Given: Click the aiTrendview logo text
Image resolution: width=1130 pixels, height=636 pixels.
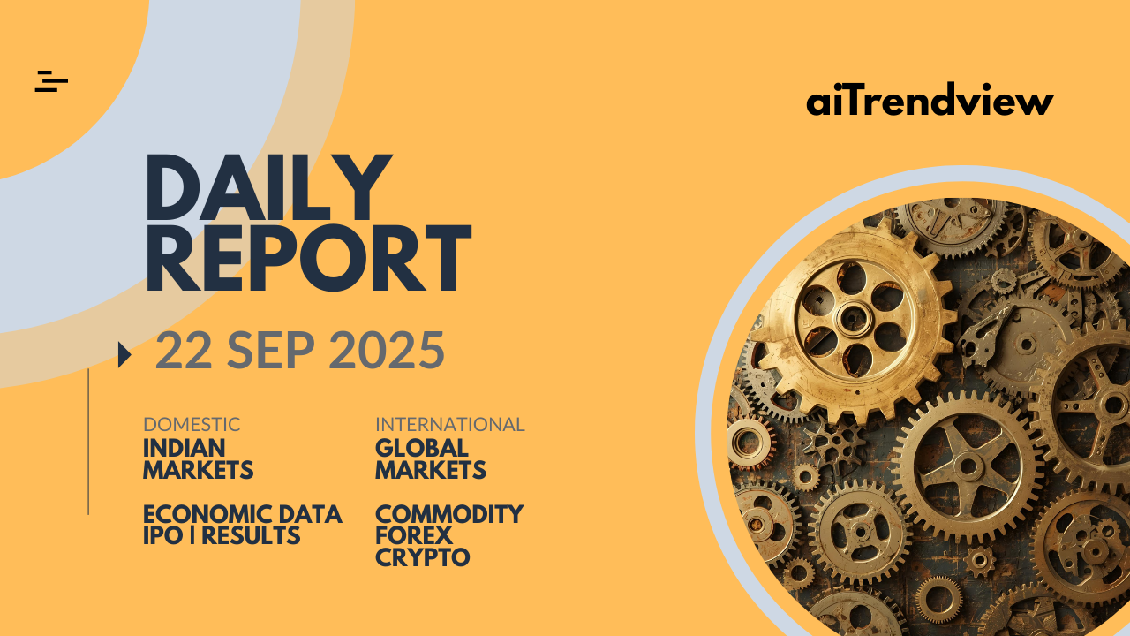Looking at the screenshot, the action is (x=930, y=99).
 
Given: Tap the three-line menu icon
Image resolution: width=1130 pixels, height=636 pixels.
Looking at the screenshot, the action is (x=51, y=81).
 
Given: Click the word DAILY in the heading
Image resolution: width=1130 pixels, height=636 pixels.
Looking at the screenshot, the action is (x=269, y=187).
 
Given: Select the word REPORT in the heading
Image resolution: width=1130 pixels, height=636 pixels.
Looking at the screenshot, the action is (x=309, y=258).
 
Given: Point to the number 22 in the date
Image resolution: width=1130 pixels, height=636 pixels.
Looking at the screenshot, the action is (x=184, y=350).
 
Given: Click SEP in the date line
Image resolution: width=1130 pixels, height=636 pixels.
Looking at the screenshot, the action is (x=271, y=350).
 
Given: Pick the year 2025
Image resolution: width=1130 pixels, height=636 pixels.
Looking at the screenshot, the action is (x=387, y=350).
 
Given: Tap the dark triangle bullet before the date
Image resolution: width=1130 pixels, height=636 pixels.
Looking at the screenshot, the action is (x=124, y=355).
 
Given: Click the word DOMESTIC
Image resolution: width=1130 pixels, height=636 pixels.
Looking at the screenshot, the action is (x=192, y=425).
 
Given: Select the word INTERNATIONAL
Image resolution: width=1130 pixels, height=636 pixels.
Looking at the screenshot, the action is (x=450, y=425).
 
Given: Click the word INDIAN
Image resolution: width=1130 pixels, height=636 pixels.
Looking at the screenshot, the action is (x=185, y=448).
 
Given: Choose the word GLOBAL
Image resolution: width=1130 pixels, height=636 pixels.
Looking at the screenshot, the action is (x=422, y=448).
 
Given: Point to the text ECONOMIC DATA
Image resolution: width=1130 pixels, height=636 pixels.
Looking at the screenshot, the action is (x=243, y=514).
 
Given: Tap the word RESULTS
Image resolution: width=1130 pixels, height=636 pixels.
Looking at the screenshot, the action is (x=251, y=535).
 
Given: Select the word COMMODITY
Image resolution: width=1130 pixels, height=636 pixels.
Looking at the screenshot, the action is (x=449, y=514).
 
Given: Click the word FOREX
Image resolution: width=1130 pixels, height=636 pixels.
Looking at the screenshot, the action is (x=414, y=535).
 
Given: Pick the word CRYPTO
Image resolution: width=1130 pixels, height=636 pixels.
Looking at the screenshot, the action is (x=423, y=557).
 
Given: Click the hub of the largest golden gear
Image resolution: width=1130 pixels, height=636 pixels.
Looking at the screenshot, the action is (x=853, y=319).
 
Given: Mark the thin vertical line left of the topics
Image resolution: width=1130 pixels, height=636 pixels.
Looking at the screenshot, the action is (x=88, y=442).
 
